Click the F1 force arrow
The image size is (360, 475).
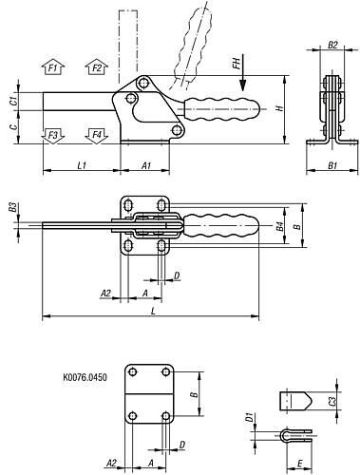[53, 66]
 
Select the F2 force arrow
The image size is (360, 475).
[97, 66]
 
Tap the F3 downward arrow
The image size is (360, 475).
[53, 136]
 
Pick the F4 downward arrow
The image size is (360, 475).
[97, 136]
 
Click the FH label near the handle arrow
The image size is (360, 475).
[237, 62]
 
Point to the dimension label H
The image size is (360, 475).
[279, 108]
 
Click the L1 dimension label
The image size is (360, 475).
[82, 165]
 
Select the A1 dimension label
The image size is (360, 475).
[146, 165]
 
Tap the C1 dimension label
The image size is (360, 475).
[13, 102]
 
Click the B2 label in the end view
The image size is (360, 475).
[332, 45]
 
